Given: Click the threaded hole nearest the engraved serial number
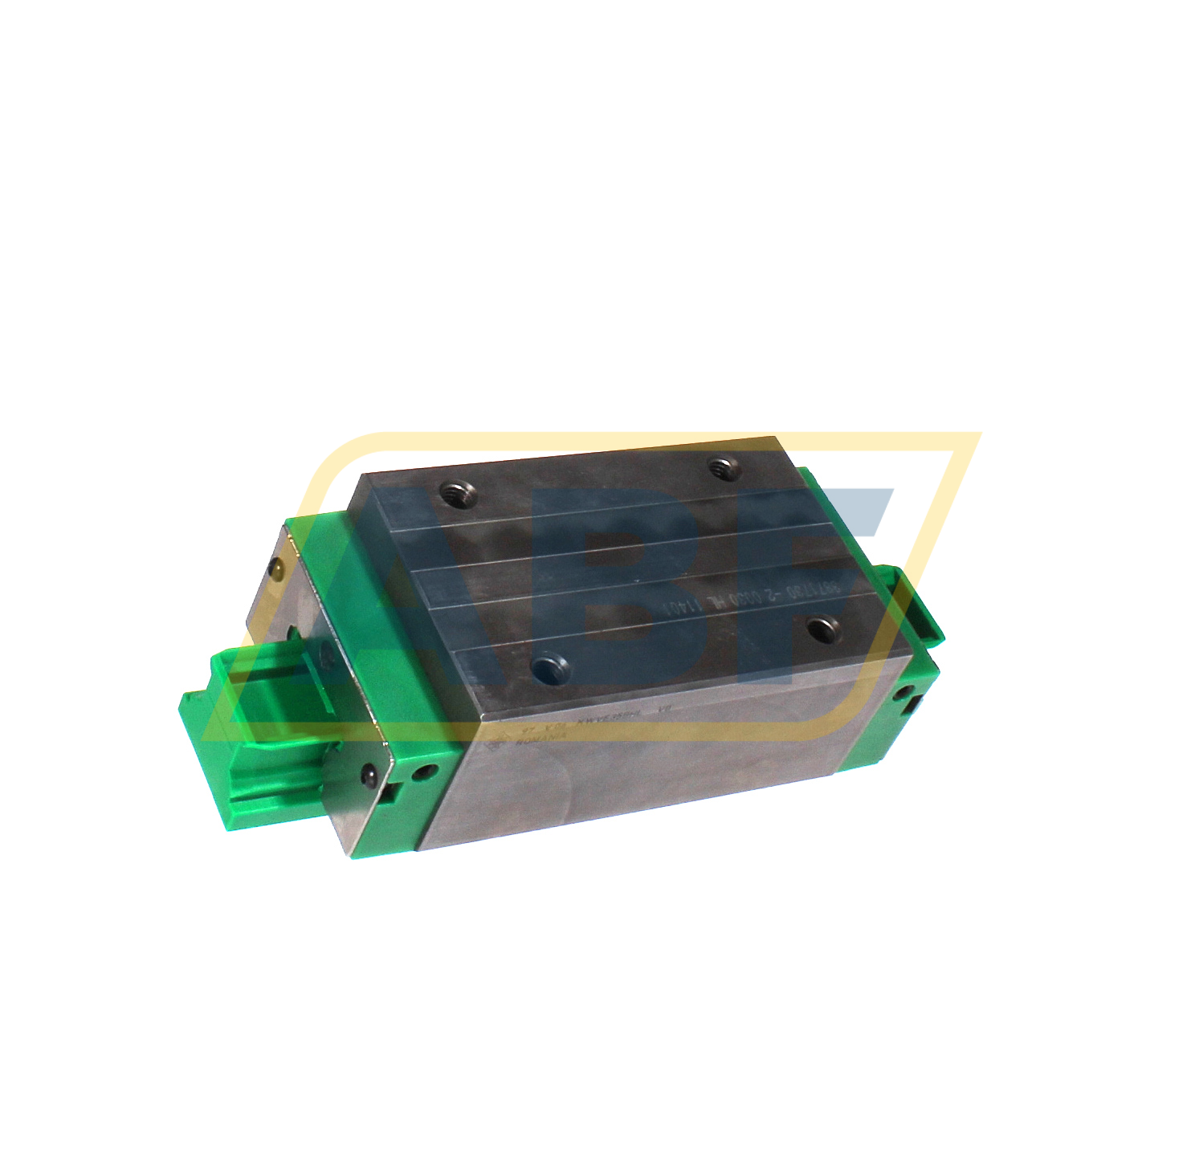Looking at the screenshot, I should [821, 628].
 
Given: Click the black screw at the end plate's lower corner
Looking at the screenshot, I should [369, 775].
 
